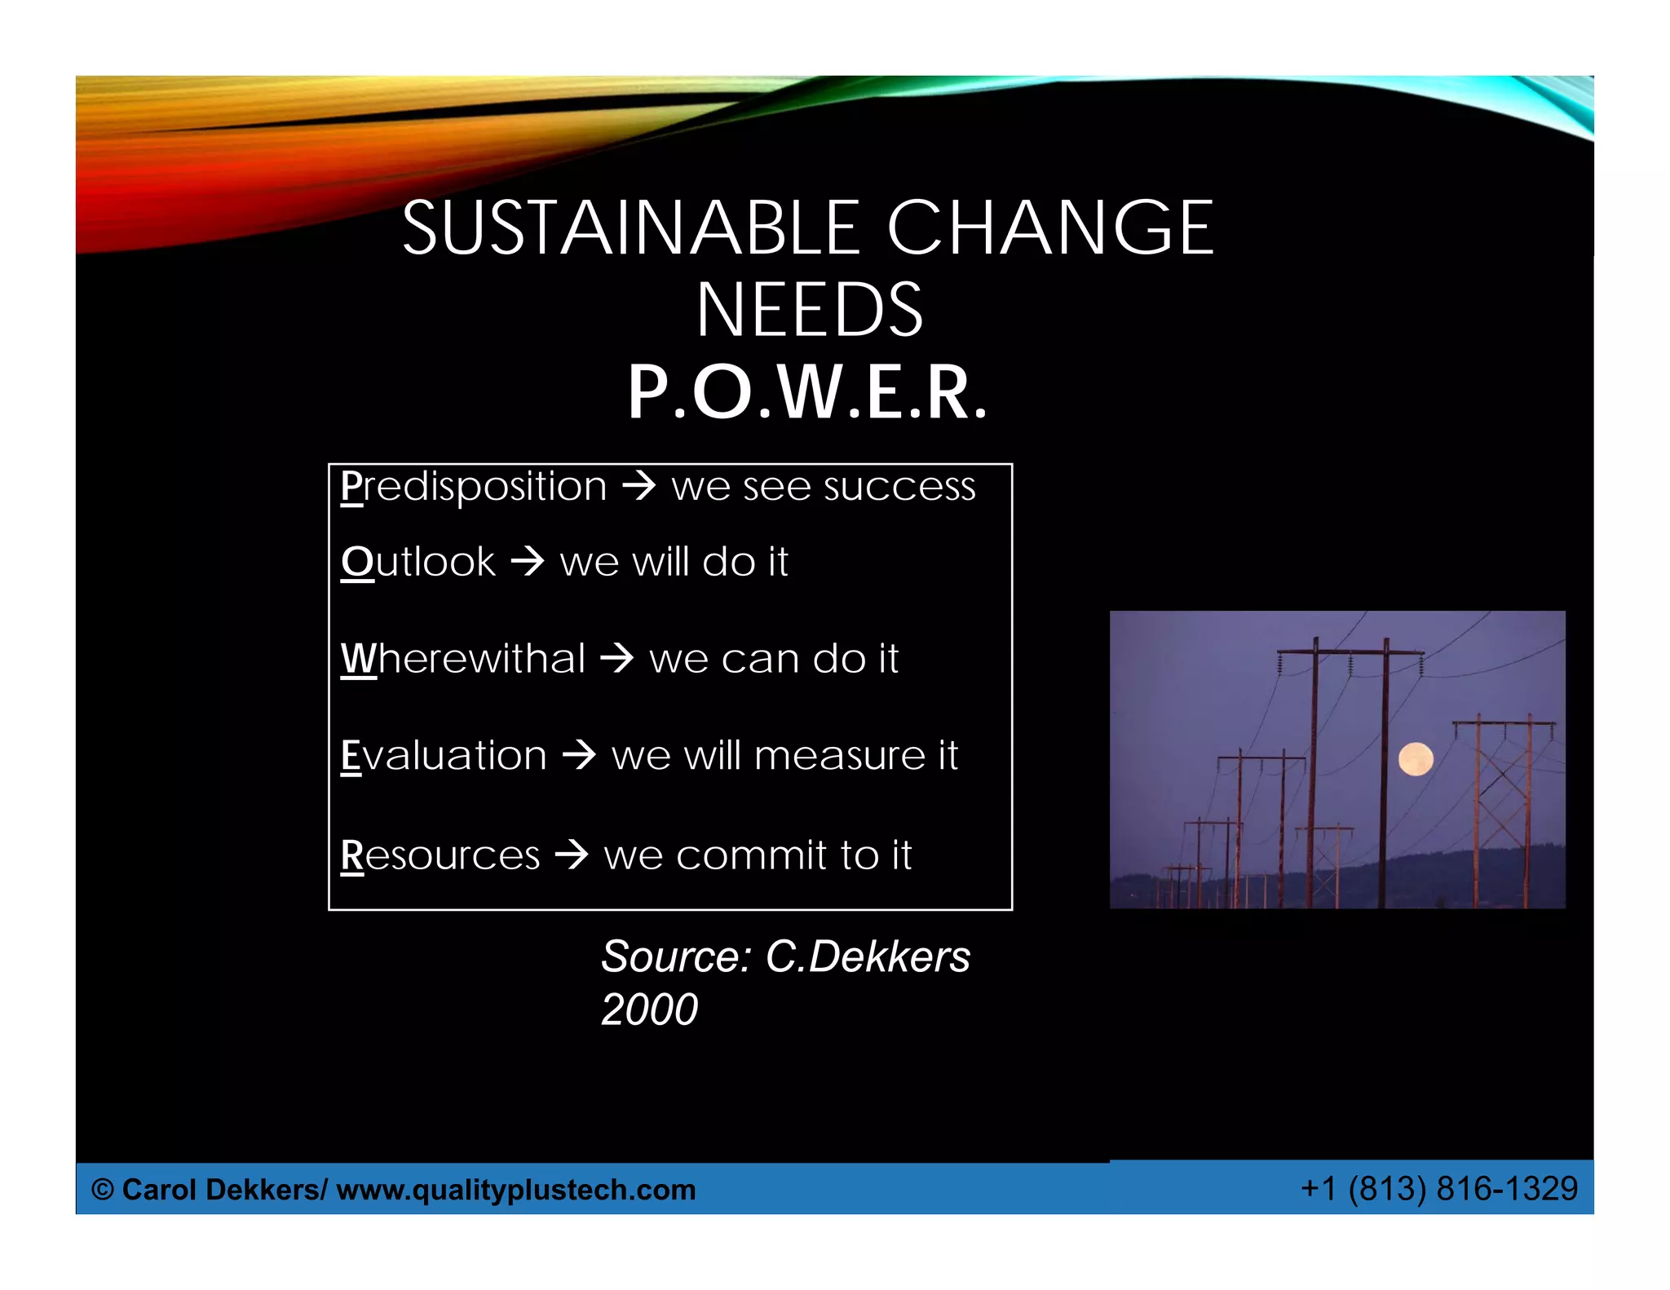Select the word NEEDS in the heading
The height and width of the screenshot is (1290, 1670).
tap(809, 310)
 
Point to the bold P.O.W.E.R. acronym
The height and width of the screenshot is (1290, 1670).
tap(807, 393)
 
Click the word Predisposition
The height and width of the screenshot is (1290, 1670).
tap(474, 487)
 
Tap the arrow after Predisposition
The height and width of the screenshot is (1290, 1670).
tap(638, 487)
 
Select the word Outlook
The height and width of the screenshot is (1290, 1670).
tap(418, 562)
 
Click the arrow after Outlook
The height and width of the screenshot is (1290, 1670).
tap(527, 562)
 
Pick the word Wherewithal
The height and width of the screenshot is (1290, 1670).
tap(463, 658)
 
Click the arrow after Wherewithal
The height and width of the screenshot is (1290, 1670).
tap(616, 658)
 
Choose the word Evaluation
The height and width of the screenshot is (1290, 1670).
tap(444, 755)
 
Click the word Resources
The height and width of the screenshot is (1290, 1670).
tap(440, 855)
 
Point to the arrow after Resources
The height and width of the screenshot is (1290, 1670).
tap(571, 855)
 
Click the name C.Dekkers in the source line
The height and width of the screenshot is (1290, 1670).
tap(868, 956)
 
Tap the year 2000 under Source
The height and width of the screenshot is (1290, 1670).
tap(649, 1009)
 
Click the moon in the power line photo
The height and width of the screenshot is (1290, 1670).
tap(1415, 759)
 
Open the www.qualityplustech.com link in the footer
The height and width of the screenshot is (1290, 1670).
tap(515, 1190)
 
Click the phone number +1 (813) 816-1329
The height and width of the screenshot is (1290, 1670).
tap(1439, 1189)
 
